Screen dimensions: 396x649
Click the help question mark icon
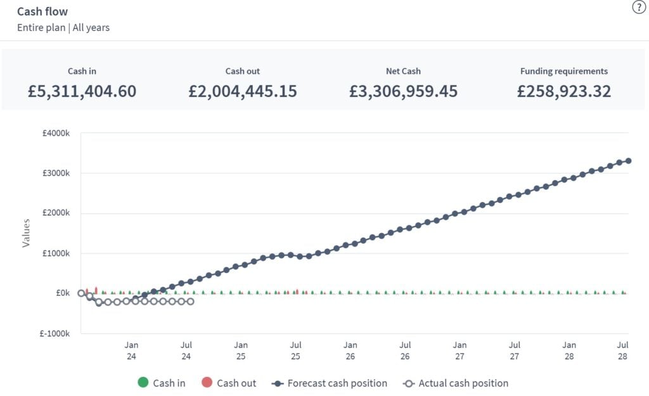tap(639, 8)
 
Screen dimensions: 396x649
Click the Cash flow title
tap(42, 11)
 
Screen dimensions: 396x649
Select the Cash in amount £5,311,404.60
tap(82, 91)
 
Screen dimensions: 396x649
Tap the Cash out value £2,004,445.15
tap(243, 91)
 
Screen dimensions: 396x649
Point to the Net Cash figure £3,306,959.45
tap(403, 91)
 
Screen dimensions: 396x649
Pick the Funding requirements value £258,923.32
tap(563, 91)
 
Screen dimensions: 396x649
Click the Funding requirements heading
tap(563, 71)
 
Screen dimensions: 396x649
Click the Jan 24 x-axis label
tap(131, 350)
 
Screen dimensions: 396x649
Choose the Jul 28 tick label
tap(623, 350)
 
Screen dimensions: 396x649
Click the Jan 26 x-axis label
tap(350, 350)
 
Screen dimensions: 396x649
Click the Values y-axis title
tap(26, 233)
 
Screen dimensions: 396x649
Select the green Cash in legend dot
tap(143, 383)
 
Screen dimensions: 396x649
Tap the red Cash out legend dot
tap(207, 383)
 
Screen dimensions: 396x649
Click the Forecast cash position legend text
tap(337, 383)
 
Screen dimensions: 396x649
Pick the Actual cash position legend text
tap(463, 383)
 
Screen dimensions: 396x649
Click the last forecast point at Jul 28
tap(628, 160)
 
